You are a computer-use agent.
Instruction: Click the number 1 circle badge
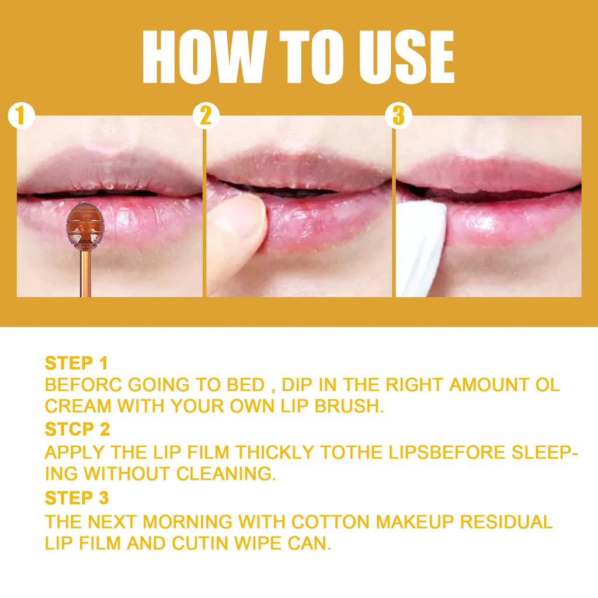(x=21, y=116)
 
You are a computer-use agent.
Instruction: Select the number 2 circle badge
(x=206, y=116)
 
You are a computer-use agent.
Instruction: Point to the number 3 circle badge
(x=398, y=116)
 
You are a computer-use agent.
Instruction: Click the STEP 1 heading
(x=77, y=363)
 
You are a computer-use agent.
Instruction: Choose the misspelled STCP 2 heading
(x=77, y=430)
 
